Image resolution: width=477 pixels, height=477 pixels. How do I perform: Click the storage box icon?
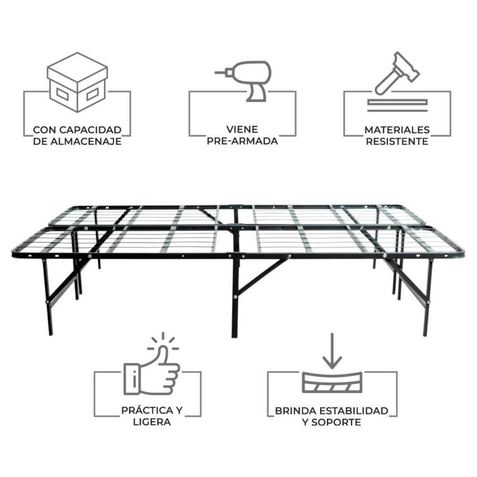[x=78, y=82]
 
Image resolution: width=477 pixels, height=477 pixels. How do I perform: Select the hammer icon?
[x=397, y=73]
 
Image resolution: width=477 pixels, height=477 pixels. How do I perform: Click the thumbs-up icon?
[x=151, y=367]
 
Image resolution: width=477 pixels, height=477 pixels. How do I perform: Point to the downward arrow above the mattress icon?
[x=332, y=351]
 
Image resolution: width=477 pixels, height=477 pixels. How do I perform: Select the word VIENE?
[x=242, y=129]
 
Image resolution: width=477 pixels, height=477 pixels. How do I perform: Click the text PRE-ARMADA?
[x=243, y=141]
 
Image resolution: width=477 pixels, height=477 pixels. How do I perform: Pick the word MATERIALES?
[x=397, y=130]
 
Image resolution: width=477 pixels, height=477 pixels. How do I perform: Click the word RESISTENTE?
[x=397, y=141]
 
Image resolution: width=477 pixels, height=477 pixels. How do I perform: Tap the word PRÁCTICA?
[x=147, y=410]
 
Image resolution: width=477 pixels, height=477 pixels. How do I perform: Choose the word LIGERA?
[x=152, y=422]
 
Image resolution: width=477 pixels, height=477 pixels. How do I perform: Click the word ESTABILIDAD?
[x=354, y=411]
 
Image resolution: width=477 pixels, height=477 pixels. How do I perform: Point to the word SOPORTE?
[x=336, y=422]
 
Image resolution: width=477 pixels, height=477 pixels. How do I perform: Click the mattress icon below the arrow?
[x=332, y=382]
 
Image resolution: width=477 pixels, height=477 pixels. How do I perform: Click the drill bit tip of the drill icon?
[x=216, y=73]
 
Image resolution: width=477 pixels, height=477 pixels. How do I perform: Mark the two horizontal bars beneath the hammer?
[x=397, y=106]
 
